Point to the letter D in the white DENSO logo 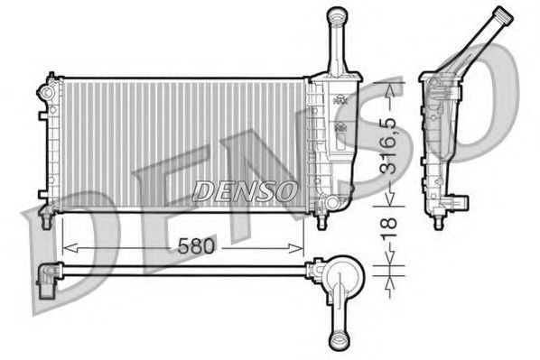pos(203,190)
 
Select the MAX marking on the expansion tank pos(340,100)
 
